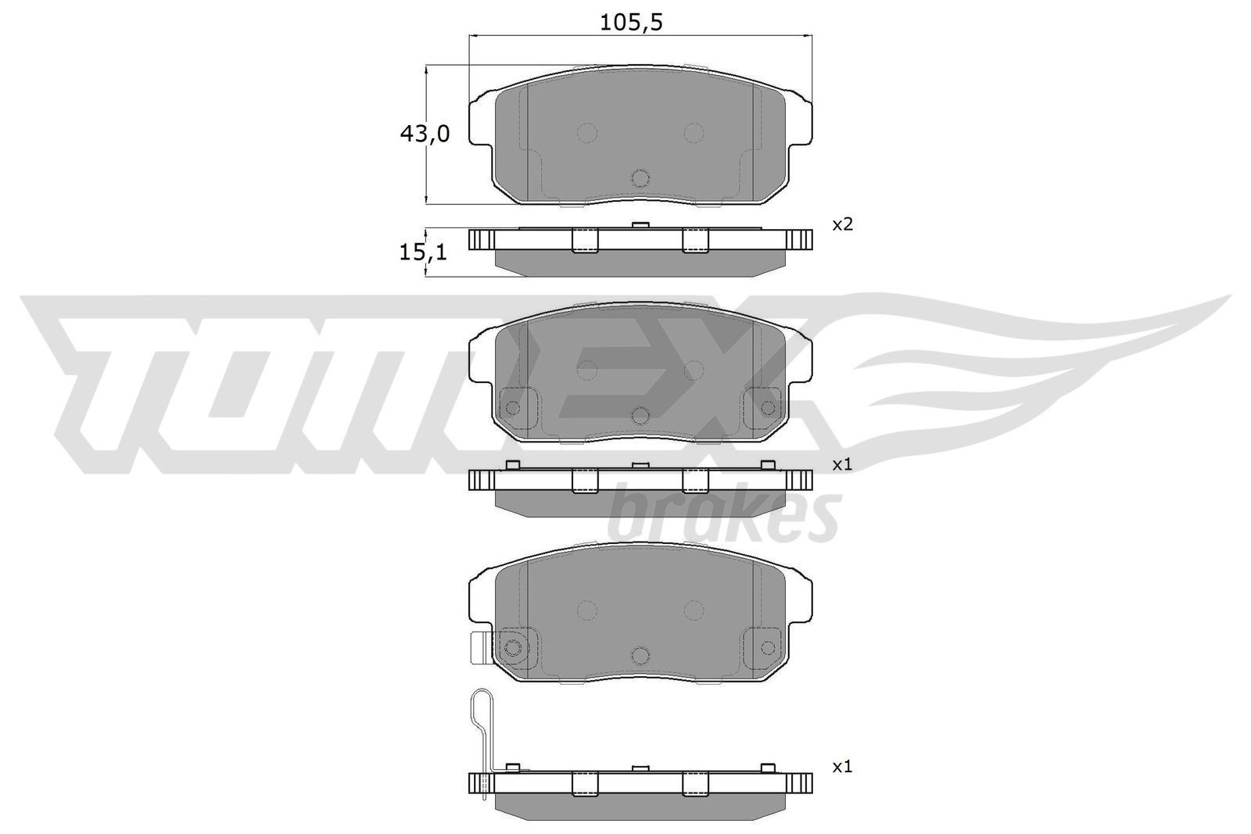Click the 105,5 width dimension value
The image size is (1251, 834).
click(x=631, y=23)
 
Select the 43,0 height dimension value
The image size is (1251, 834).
click(x=424, y=134)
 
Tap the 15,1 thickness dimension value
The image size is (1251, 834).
click(x=424, y=252)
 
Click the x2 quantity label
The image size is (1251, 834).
click(x=841, y=225)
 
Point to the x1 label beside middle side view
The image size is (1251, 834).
click(x=841, y=464)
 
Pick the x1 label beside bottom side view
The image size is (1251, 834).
click(x=841, y=768)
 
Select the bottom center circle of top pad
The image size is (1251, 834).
click(x=640, y=178)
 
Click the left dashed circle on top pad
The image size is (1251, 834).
click(x=586, y=133)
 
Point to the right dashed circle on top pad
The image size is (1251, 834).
click(x=694, y=133)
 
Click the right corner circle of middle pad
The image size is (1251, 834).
click(x=768, y=408)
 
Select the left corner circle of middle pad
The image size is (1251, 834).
click(x=513, y=408)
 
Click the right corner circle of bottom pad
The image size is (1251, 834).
click(x=768, y=647)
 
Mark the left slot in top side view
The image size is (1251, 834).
click(x=585, y=241)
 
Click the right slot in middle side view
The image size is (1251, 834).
click(x=694, y=481)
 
